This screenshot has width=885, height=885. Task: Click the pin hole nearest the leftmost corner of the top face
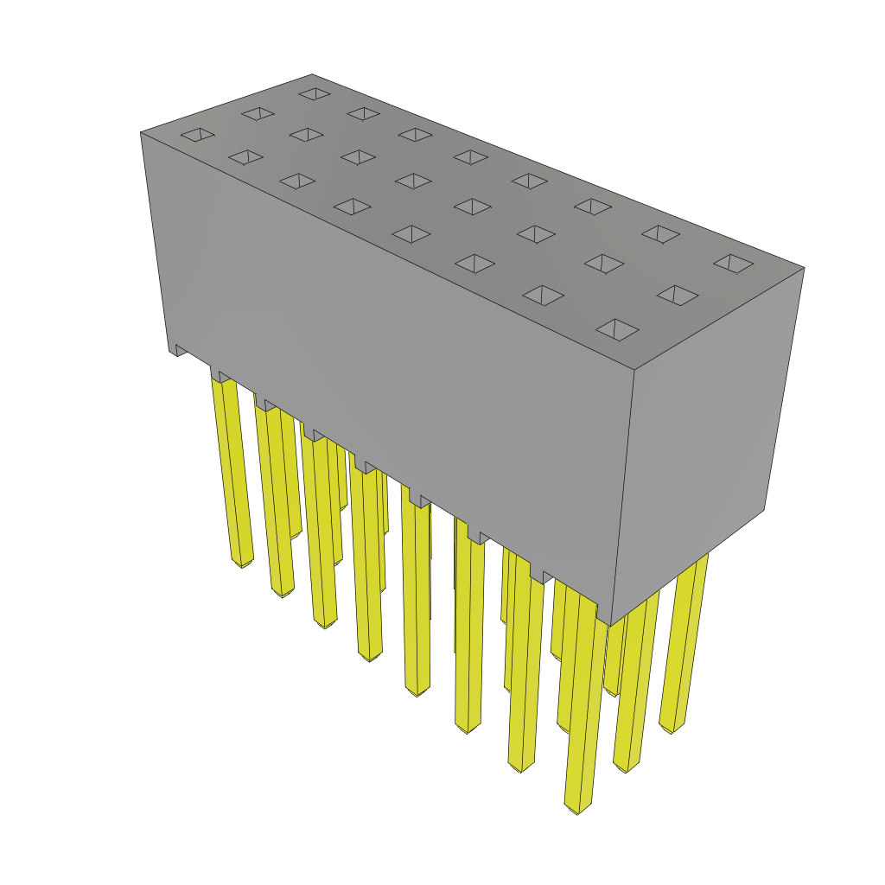197,134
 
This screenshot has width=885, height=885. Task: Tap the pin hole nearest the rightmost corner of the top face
733,263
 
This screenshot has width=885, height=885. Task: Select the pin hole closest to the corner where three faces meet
617,329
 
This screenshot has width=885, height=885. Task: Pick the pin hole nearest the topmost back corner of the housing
315,93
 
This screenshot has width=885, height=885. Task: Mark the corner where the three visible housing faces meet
634,371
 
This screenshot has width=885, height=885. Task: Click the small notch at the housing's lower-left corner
180,349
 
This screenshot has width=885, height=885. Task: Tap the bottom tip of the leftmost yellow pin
242,564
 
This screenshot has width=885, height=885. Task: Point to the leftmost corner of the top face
141,132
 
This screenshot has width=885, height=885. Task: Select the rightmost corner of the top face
804,268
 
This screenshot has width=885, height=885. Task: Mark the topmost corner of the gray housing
312,75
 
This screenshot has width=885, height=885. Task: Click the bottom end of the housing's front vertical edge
609,625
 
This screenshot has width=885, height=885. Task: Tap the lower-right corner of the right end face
764,510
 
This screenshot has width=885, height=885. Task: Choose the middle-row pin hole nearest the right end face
677,295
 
